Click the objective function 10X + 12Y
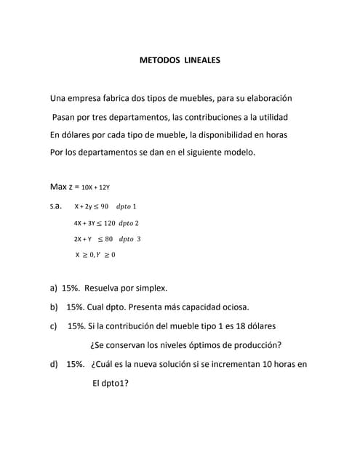[x=95, y=187]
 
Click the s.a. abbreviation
[x=56, y=206]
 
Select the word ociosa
[x=233, y=307]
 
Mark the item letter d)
[x=54, y=364]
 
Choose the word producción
[x=255, y=345]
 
